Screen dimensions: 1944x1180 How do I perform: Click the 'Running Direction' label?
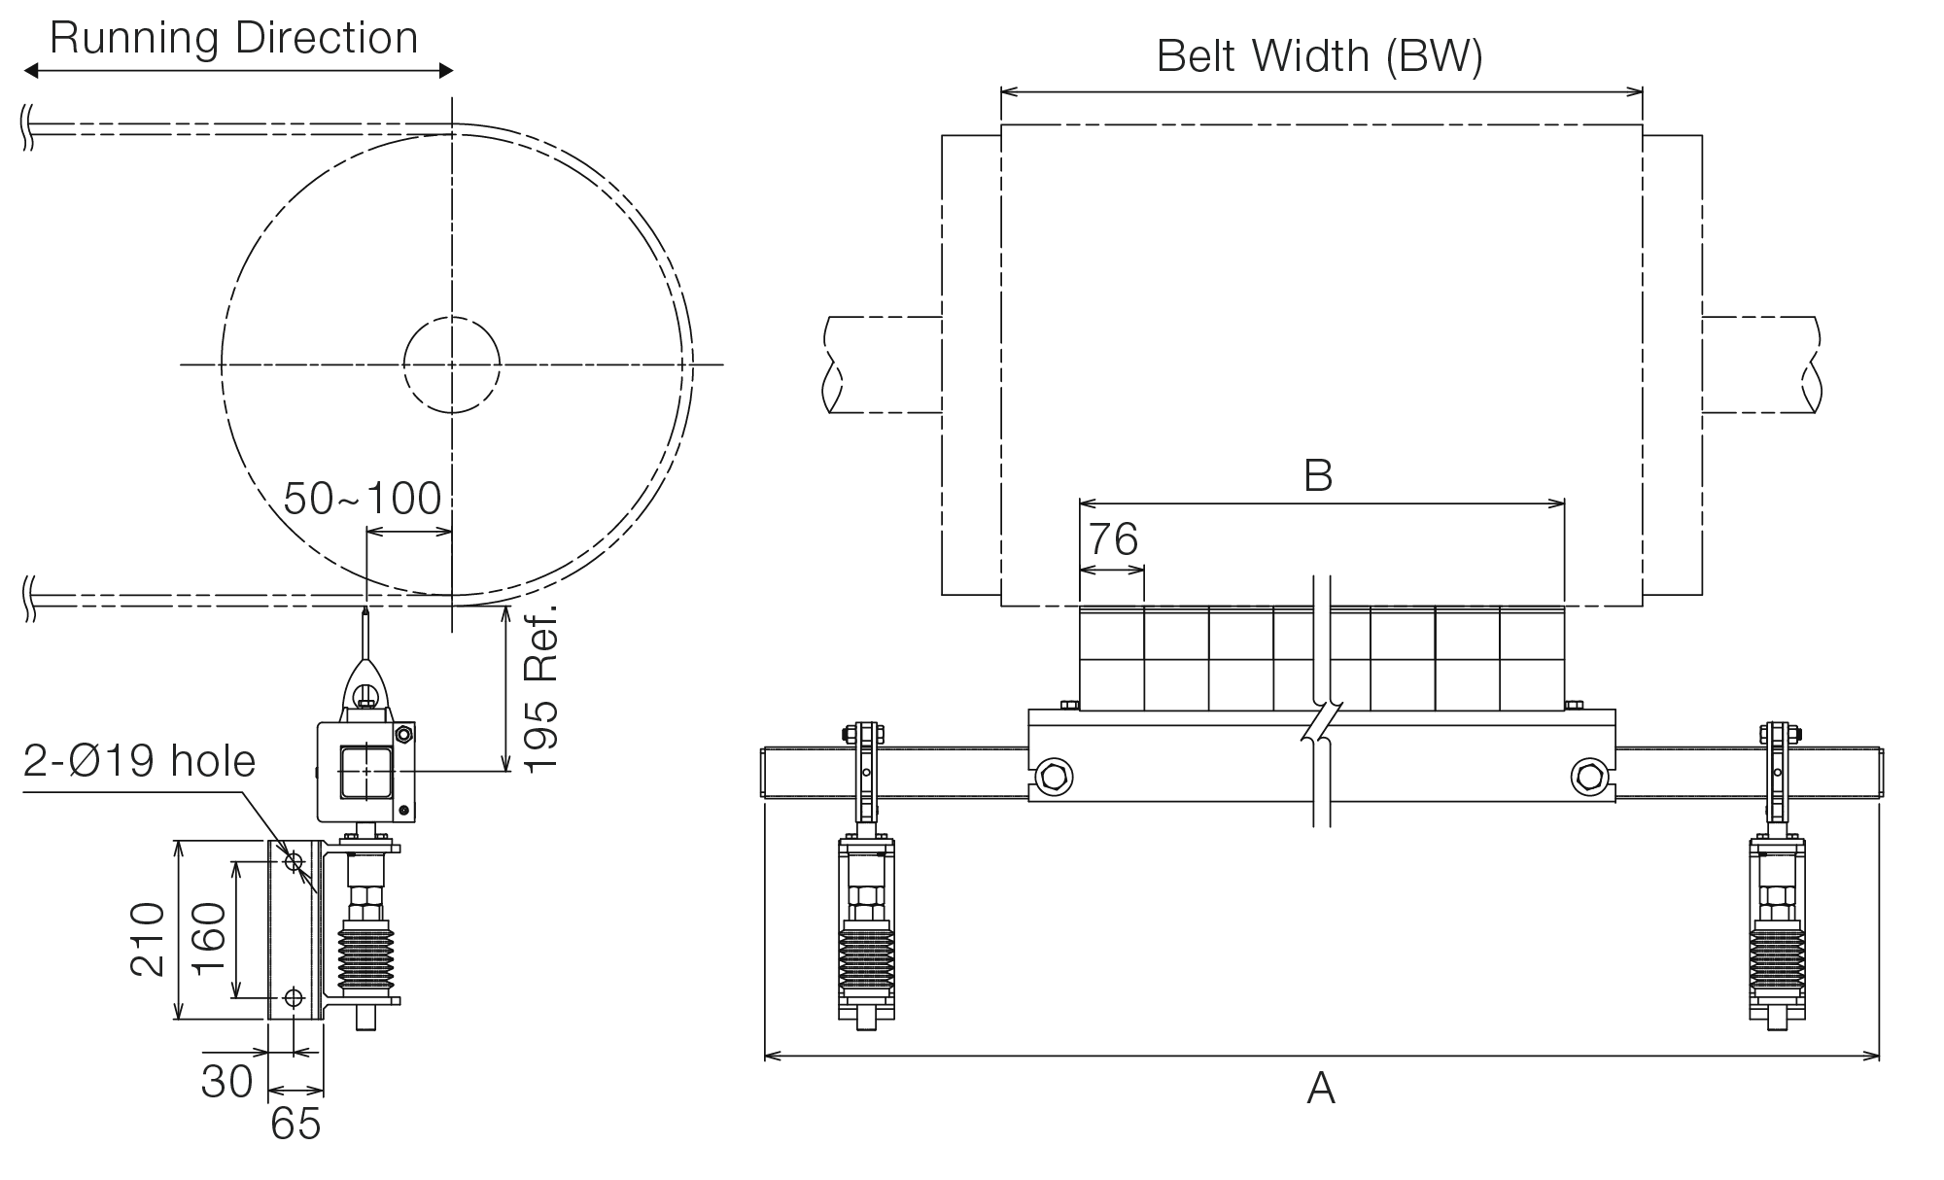click(233, 39)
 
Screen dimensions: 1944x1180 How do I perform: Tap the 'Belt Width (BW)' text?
click(1320, 56)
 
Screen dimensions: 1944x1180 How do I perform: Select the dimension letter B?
click(1318, 476)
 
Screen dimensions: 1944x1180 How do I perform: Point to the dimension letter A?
click(1321, 1088)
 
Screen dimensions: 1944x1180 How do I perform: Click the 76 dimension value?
click(1113, 538)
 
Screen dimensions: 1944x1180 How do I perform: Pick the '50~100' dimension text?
click(363, 499)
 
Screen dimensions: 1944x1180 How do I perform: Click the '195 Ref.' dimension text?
click(540, 689)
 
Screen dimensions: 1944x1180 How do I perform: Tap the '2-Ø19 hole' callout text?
click(139, 761)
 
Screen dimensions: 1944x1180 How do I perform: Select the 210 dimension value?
click(148, 939)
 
